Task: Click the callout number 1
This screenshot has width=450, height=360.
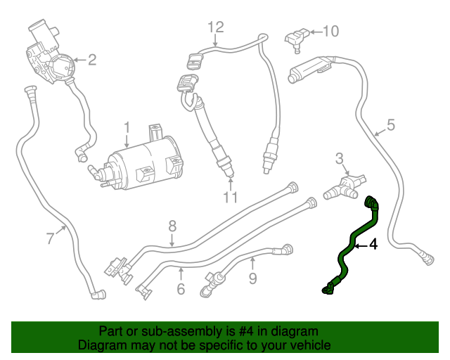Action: click(x=127, y=128)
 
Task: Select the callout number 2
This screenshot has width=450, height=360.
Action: click(x=91, y=60)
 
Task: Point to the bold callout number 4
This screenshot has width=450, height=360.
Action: click(x=373, y=245)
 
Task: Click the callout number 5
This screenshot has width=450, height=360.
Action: click(x=391, y=125)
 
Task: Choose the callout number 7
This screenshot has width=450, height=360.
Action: click(x=50, y=238)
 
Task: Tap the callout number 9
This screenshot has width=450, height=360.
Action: click(x=252, y=279)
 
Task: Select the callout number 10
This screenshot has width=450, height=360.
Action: click(x=330, y=31)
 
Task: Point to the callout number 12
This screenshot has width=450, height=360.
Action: click(x=215, y=27)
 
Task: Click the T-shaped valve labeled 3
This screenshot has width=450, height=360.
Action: click(x=345, y=186)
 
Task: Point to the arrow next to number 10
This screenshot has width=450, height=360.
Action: click(x=314, y=31)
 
